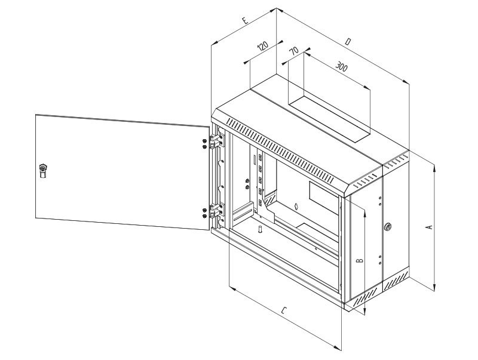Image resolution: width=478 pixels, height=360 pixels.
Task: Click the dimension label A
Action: click(x=430, y=227)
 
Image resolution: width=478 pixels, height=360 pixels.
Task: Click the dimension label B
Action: click(x=360, y=260)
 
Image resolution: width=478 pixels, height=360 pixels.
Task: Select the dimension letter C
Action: click(x=284, y=310)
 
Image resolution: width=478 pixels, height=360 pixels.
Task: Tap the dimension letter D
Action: click(x=348, y=42)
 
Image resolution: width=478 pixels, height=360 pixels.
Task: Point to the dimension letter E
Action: click(x=245, y=20)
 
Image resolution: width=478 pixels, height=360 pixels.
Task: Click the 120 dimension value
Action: click(x=262, y=46)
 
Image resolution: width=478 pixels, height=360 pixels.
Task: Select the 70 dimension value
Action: click(x=294, y=51)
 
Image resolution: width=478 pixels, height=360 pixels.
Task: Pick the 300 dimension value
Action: click(x=341, y=66)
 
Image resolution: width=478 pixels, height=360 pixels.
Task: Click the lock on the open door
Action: click(x=43, y=170)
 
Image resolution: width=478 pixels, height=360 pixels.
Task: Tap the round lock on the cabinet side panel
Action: click(x=388, y=227)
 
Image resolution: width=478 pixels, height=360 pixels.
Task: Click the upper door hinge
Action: click(x=216, y=140)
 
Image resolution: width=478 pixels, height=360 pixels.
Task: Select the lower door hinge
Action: click(x=216, y=211)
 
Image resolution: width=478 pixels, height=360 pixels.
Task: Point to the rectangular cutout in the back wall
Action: click(x=324, y=198)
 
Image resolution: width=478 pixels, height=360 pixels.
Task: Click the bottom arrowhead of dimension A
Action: click(x=434, y=287)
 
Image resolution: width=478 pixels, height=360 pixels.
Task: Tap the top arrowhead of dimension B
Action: click(x=364, y=214)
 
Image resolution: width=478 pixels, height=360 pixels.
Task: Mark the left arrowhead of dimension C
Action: click(x=232, y=288)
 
